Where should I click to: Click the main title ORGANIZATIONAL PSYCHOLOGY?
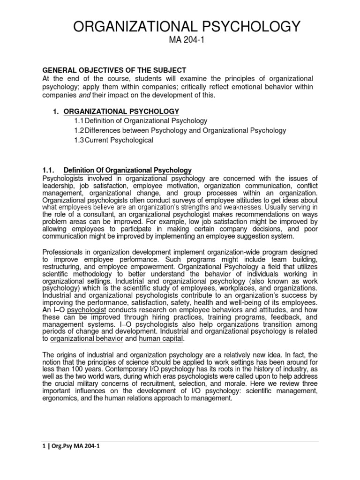coord(180,27)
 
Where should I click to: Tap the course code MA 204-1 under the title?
coord(180,44)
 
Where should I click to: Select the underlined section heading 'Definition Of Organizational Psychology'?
coord(128,170)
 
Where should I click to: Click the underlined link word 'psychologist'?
coord(87,310)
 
